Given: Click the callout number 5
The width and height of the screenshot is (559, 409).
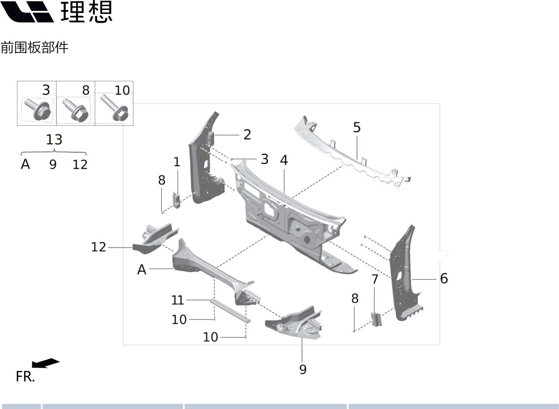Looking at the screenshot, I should point(356,127).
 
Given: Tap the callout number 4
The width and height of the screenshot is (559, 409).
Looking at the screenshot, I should point(284,160).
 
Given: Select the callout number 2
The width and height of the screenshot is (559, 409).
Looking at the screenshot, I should point(247,135).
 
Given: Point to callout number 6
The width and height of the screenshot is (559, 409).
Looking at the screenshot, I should point(444,278).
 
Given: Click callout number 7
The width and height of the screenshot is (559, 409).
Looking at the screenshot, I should point(375,279).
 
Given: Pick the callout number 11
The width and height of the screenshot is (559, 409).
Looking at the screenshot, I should point(178,300).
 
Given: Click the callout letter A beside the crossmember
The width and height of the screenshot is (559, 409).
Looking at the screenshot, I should point(142,270).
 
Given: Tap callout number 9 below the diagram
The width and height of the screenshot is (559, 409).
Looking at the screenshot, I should point(303,369).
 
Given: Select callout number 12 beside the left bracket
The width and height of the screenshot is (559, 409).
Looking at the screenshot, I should point(98,247).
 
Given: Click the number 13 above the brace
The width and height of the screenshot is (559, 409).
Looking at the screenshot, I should point(54,140).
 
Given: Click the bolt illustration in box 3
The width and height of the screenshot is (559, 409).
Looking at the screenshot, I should point(37,109).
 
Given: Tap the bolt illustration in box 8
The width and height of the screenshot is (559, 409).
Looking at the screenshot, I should point(76,110).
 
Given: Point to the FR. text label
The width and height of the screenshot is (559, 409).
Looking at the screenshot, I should point(25,377).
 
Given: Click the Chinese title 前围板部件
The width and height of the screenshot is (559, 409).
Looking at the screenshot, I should point(34,48).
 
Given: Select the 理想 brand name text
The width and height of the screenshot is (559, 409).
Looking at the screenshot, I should point(86,12).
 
